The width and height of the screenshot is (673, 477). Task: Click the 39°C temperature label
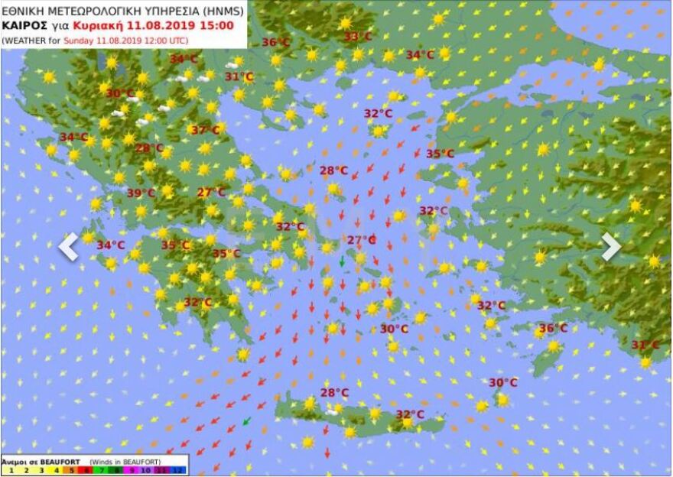tap(141, 193)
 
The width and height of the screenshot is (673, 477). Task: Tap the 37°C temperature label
tap(205, 130)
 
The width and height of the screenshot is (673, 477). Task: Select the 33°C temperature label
tap(357, 37)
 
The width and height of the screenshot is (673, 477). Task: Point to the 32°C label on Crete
tap(410, 414)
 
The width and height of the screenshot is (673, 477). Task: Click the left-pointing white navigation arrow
tap(69, 246)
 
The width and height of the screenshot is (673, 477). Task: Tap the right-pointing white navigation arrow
tap(610, 246)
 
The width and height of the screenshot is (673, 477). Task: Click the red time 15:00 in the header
tap(218, 25)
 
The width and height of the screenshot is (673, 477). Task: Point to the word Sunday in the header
tap(78, 40)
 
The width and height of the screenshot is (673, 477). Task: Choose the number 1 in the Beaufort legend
tap(7, 470)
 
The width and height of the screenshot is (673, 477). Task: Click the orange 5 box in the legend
tap(71, 470)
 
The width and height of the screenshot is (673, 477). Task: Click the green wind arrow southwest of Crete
tap(246, 420)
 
